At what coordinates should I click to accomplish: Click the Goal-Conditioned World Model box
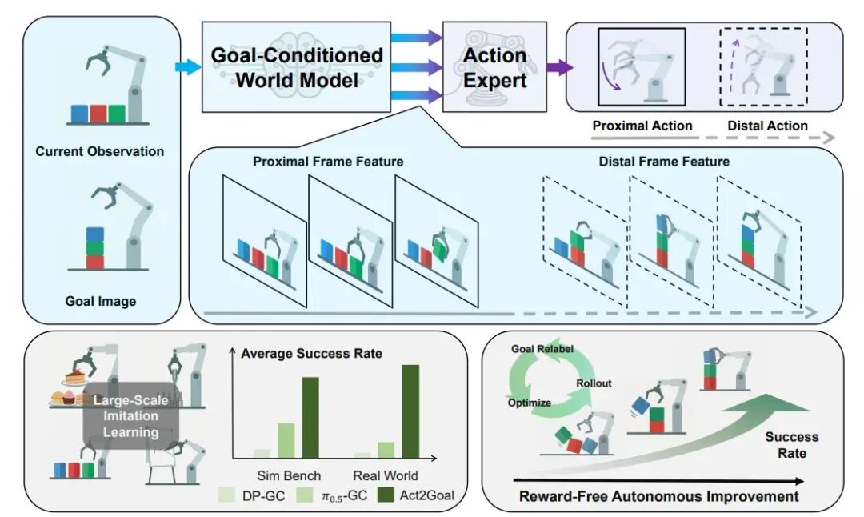click(x=297, y=66)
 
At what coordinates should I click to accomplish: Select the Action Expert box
click(x=495, y=66)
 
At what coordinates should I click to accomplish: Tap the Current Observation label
click(x=100, y=151)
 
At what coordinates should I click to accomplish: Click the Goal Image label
click(x=101, y=301)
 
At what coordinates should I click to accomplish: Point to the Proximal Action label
click(x=642, y=126)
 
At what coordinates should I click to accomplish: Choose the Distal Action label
click(x=767, y=126)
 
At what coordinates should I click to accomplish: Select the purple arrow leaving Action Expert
click(x=560, y=67)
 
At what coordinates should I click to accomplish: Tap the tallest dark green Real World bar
click(x=410, y=411)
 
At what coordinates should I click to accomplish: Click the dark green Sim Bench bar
click(x=310, y=417)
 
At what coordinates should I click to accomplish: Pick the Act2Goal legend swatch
click(x=386, y=495)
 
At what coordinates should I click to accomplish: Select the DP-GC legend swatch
click(x=226, y=495)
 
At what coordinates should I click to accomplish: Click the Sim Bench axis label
click(x=289, y=475)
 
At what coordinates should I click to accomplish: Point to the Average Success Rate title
click(x=311, y=353)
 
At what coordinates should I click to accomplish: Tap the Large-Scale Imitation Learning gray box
click(x=130, y=416)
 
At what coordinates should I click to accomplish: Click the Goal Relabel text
click(x=542, y=349)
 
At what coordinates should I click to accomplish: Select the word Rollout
click(x=594, y=383)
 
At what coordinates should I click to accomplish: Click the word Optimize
click(x=530, y=403)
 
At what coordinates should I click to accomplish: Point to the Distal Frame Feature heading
click(x=664, y=162)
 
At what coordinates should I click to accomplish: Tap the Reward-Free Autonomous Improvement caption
click(x=659, y=497)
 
